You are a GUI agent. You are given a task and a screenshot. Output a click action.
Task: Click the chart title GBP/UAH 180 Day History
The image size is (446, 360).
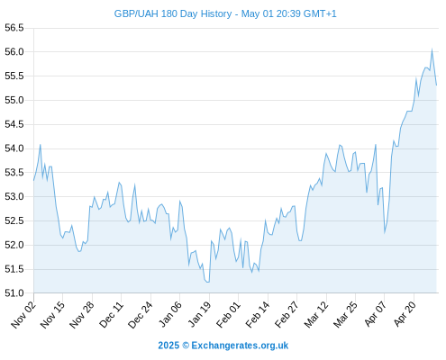point(173,13)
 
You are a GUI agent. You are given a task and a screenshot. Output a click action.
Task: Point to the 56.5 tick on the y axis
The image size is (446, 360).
point(14,28)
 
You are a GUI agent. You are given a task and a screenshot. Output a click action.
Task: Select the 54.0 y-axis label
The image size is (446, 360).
point(14,148)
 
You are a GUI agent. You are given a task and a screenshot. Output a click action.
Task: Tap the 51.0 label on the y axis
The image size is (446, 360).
point(14,293)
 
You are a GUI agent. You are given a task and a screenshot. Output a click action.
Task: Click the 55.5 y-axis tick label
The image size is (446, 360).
point(14,76)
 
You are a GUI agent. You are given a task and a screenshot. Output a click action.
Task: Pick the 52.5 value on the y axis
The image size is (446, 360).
point(14,220)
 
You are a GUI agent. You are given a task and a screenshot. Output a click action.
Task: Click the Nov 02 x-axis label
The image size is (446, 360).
point(23,315)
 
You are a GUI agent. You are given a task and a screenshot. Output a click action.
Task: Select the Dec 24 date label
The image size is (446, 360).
point(141,315)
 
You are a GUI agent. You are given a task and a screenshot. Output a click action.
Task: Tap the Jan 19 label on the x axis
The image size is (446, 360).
point(199,315)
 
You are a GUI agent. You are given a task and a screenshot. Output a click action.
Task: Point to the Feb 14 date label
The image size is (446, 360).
point(258,315)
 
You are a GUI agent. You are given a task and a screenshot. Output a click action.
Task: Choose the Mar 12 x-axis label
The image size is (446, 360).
point(316,315)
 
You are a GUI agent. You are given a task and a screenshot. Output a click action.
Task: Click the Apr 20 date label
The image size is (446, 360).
point(405,314)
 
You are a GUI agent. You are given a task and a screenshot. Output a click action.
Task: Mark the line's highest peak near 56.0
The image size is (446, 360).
point(432,49)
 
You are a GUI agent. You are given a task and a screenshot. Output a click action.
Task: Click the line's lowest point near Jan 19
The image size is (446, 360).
point(207,282)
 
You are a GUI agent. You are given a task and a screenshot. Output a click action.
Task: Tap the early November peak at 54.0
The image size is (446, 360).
point(41,145)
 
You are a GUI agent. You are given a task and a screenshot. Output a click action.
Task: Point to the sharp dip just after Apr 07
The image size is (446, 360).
point(385,233)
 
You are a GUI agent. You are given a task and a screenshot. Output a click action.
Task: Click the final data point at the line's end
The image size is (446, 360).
point(436,85)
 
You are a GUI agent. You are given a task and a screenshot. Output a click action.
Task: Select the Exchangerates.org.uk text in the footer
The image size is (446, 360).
point(240,346)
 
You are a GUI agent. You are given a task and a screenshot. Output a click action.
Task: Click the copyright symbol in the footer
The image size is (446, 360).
point(186,346)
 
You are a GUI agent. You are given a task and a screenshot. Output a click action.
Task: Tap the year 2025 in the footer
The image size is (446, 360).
point(168,346)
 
